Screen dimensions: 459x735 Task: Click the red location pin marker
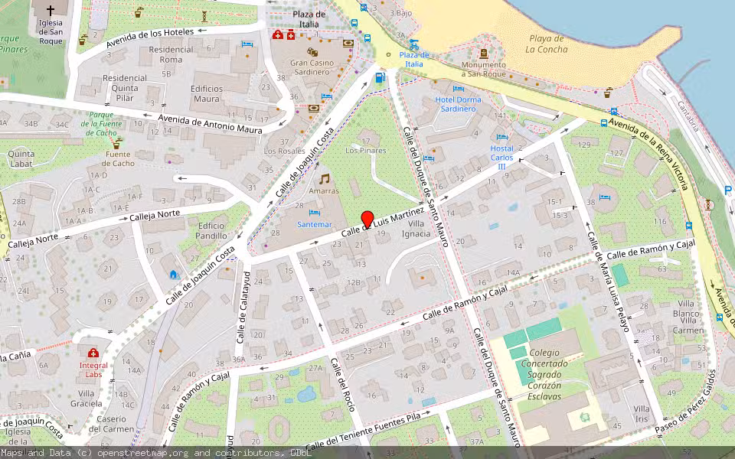pos(367,219)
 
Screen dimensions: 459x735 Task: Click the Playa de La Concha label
pos(547,43)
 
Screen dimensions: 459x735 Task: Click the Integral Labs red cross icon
pos(93,353)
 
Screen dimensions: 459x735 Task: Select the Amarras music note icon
pos(325,177)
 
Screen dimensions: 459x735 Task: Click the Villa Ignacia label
pos(417,228)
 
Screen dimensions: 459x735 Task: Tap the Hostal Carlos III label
pos(502,157)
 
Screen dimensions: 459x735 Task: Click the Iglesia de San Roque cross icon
pos(51,11)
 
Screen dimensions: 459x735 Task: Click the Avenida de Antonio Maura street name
pos(210,123)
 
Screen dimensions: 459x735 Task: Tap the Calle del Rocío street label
pos(344,383)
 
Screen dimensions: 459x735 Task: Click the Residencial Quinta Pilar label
pos(125,82)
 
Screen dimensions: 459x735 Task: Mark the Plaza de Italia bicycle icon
pos(414,44)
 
